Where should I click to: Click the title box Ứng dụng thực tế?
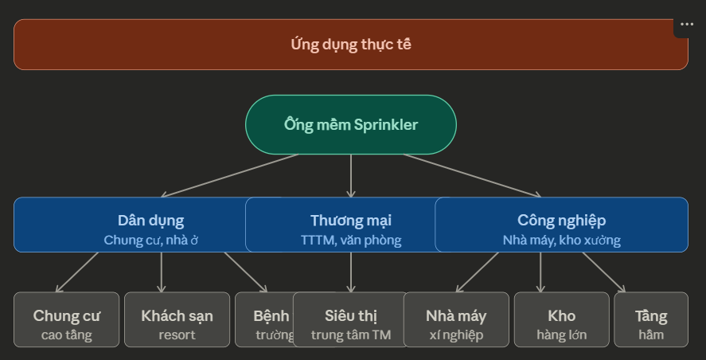point(350,45)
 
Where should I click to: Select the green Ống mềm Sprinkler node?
point(350,125)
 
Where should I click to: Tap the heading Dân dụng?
point(150,221)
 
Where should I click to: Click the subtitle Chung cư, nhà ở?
point(150,240)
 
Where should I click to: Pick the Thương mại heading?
point(350,221)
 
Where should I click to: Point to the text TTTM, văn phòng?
point(350,240)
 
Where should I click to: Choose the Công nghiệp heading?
point(561,221)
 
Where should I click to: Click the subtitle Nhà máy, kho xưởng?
point(561,240)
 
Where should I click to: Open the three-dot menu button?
point(687,25)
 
